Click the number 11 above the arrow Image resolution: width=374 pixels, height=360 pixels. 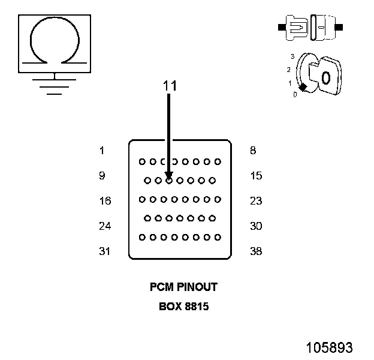coord(170,86)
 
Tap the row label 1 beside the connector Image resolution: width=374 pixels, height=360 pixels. coord(102,151)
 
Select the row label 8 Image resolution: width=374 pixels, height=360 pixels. coord(253,151)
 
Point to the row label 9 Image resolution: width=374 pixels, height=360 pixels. coord(102,176)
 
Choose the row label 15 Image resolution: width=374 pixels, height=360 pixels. coord(256,176)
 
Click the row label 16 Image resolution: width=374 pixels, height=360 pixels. coord(105,201)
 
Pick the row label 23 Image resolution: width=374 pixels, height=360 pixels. coord(256,201)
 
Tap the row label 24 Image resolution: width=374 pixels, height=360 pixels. coord(105,226)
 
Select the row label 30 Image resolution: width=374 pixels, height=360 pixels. coord(256,226)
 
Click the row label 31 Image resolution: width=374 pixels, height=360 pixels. coord(105,251)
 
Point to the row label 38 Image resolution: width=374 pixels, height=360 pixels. coord(256,251)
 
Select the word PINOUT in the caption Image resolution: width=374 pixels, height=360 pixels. coord(197,287)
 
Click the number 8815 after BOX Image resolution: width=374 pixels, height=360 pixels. coord(196,306)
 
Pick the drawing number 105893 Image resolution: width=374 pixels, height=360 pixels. coord(329,347)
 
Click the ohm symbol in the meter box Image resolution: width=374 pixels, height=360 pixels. coord(55,44)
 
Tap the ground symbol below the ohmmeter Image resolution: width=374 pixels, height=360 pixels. coord(55,85)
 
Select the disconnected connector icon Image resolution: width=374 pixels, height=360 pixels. coord(310,28)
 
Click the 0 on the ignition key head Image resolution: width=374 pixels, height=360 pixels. coord(325,78)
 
